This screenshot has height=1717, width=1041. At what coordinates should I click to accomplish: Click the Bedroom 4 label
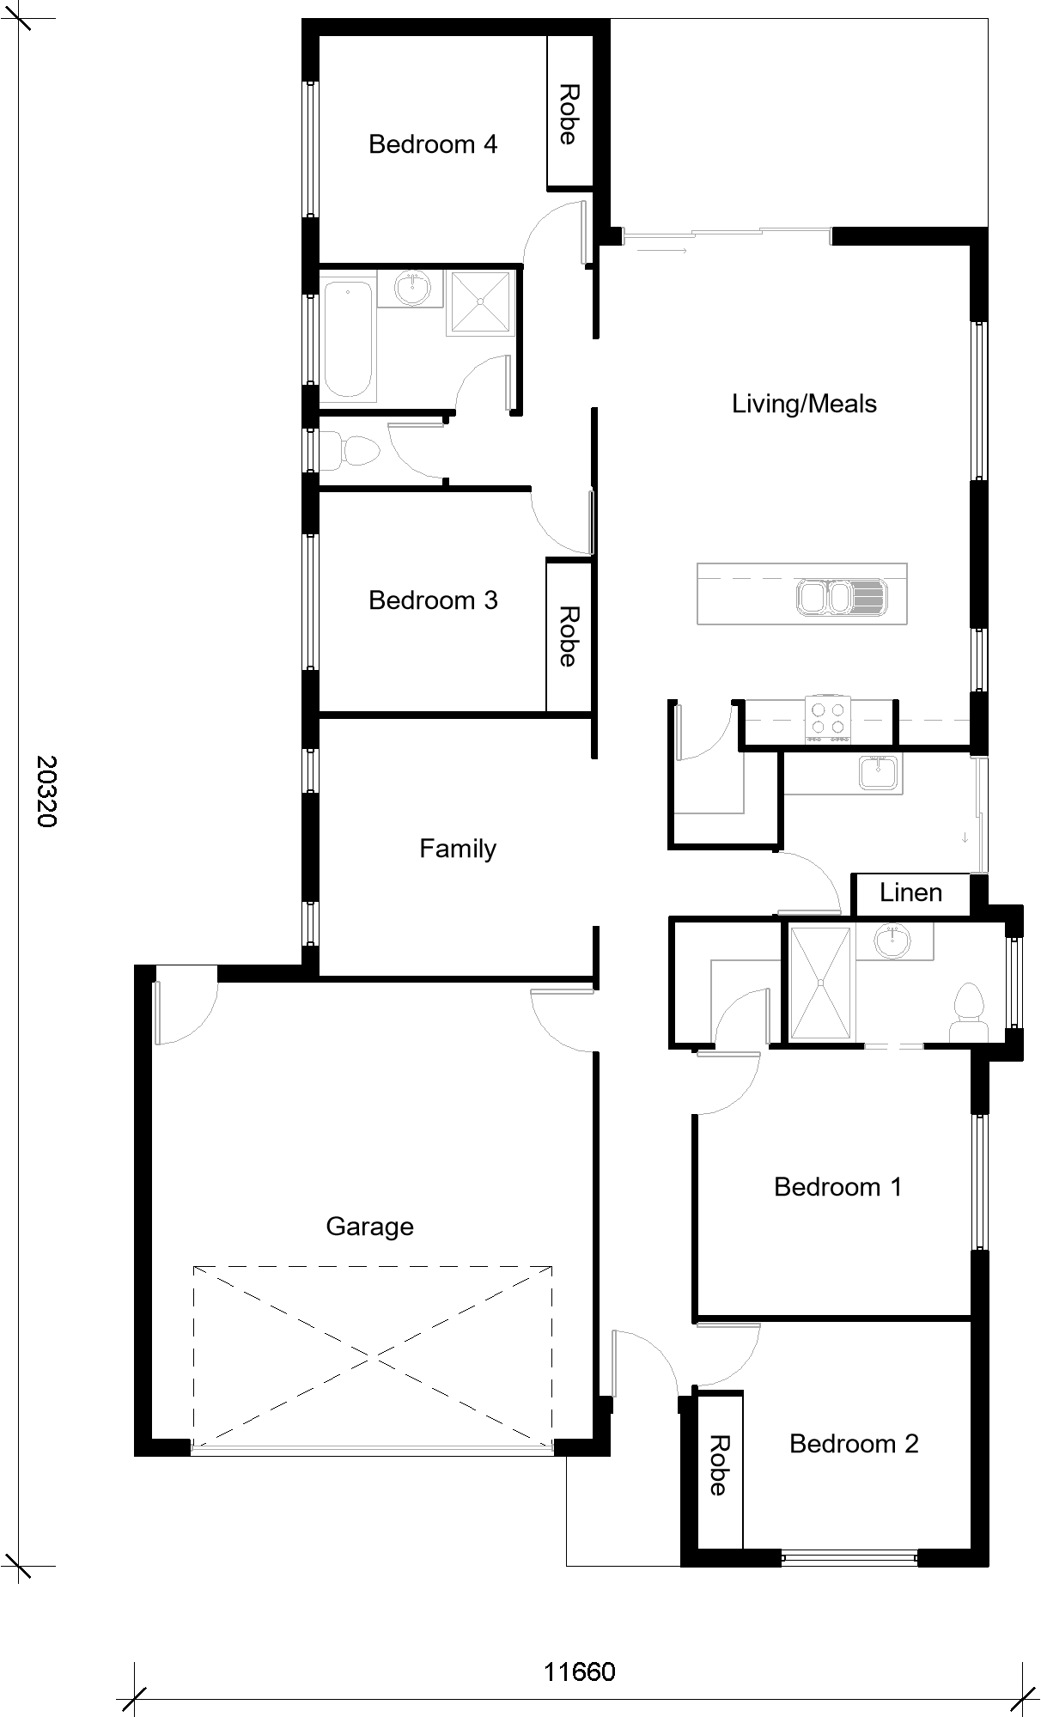[433, 144]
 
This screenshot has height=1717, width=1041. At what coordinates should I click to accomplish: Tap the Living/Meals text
[804, 404]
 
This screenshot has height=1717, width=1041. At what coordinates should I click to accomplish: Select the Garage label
[369, 1227]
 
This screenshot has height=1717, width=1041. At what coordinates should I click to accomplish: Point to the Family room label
[458, 849]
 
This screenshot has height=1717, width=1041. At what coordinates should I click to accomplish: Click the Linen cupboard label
[910, 893]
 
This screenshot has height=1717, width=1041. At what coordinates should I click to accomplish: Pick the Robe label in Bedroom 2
[719, 1465]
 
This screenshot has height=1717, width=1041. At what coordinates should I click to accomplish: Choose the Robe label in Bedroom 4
[568, 114]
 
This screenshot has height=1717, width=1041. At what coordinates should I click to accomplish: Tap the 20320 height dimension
[46, 791]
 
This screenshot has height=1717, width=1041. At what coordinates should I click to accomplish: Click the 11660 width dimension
[580, 1672]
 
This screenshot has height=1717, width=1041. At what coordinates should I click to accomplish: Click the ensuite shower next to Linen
[821, 983]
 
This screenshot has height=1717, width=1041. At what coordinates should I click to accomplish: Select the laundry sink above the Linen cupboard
[879, 772]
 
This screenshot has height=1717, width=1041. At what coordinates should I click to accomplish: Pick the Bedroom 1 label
[837, 1187]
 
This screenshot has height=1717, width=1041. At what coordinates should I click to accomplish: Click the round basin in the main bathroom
[415, 288]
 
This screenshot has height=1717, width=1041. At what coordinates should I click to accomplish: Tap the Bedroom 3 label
[433, 600]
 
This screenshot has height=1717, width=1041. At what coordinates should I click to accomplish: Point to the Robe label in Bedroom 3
[568, 636]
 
